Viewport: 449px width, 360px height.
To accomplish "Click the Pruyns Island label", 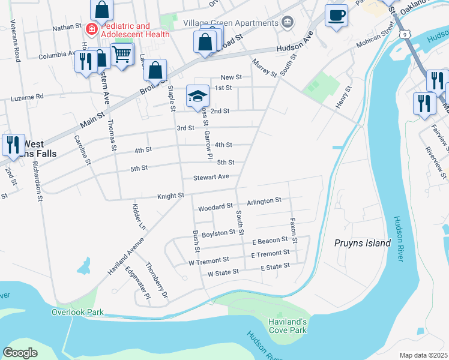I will (362, 243).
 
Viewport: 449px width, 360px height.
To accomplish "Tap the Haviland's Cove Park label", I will (288, 326).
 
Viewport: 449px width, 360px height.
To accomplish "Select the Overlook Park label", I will (77, 312).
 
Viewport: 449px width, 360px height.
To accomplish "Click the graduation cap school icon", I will (197, 97).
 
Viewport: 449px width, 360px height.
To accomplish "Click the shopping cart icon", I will (122, 55).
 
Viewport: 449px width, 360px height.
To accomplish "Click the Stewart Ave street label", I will (211, 177).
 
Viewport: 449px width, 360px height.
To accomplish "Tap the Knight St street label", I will (170, 196).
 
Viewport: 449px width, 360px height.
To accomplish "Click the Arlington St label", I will (264, 200).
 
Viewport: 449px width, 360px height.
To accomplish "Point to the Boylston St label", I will (218, 233).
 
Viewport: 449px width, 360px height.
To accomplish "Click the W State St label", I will (223, 272).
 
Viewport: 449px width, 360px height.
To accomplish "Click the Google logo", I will (20, 352).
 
